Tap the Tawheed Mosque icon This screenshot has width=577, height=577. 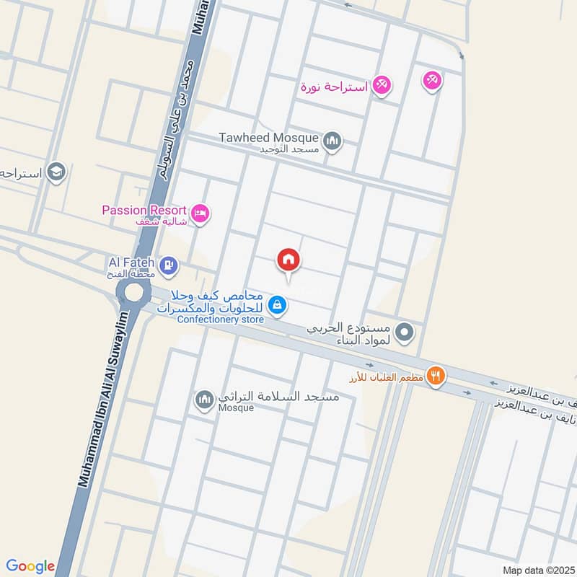point(332,140)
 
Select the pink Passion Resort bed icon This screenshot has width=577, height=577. point(201,213)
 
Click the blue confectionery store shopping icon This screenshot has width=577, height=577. point(277,306)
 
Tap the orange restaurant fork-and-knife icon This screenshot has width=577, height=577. point(435,375)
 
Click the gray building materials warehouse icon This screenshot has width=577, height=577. point(405,332)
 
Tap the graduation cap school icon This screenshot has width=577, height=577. point(56,172)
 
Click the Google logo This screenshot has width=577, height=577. point(30,566)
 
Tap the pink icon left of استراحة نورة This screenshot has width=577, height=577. point(382,86)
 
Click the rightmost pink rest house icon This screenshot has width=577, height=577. point(432,81)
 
